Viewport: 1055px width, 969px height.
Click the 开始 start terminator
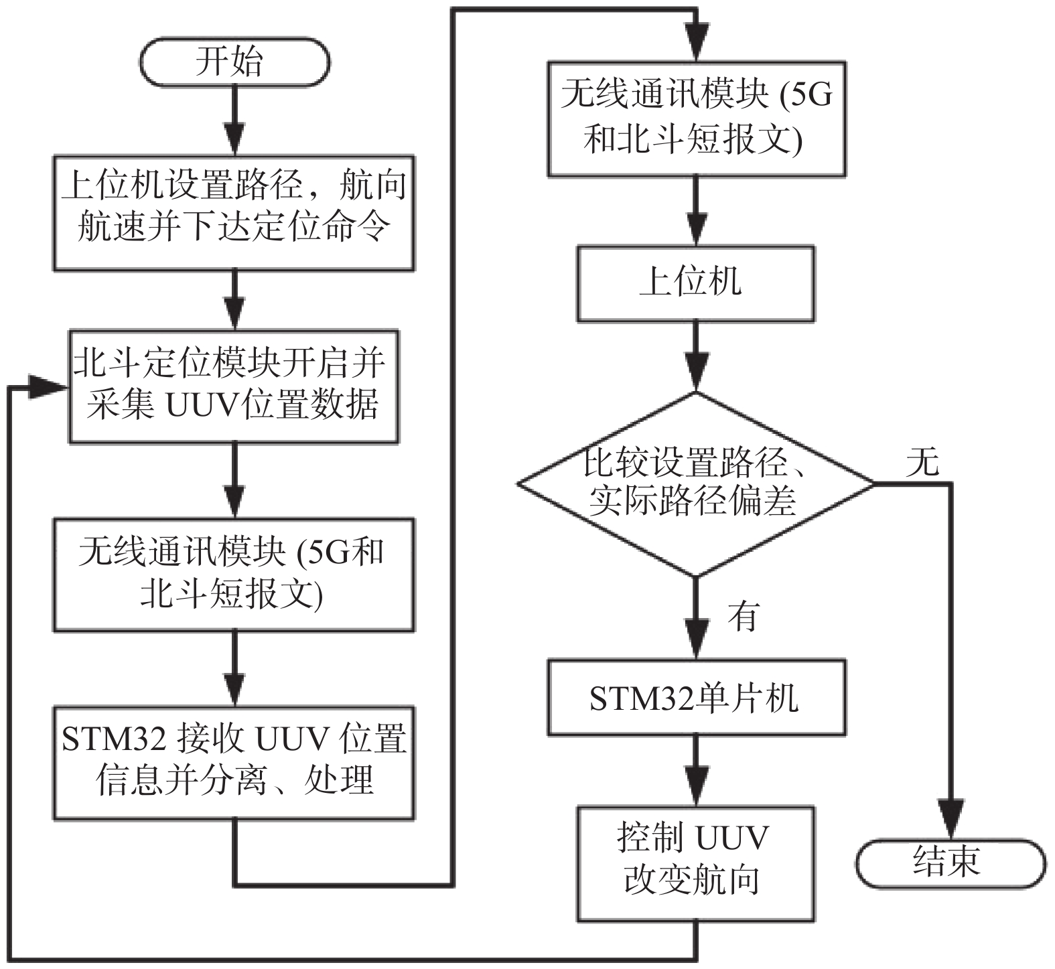(234, 62)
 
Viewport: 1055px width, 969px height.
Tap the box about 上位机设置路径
(234, 213)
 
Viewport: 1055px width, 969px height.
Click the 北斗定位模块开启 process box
(234, 386)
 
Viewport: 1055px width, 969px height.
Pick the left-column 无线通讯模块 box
(234, 575)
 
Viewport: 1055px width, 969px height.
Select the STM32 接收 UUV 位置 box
(234, 762)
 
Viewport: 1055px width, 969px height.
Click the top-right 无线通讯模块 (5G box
(697, 119)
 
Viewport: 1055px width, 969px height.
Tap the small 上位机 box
(696, 283)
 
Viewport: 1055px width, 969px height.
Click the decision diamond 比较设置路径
(696, 483)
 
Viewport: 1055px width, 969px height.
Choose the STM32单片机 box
(696, 698)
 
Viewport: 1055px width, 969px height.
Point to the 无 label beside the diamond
(922, 462)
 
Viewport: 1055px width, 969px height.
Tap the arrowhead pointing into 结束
(951, 818)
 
